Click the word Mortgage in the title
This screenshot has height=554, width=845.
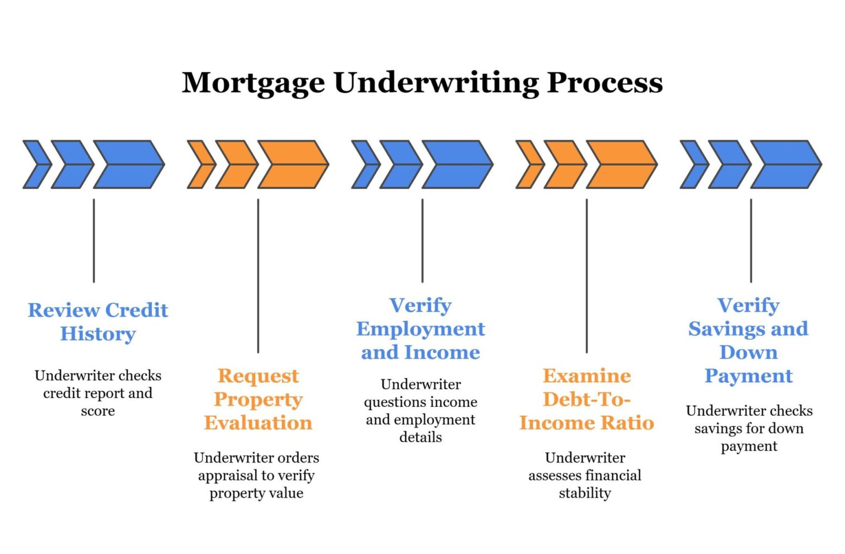[x=253, y=83]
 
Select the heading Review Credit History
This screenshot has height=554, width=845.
[x=98, y=322]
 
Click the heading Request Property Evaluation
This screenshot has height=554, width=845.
[x=258, y=399]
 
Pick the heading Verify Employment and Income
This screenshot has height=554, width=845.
[x=420, y=329]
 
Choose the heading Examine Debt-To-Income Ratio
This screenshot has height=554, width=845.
[x=586, y=399]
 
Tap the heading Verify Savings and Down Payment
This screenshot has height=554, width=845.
[x=748, y=340]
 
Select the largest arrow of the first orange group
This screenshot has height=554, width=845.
[x=293, y=164]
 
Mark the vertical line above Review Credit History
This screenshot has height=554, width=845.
[x=94, y=241]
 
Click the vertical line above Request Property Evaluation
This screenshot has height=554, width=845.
[x=258, y=275]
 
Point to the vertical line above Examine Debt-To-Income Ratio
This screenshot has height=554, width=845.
[x=586, y=275]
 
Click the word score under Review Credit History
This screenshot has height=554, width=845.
[x=98, y=411]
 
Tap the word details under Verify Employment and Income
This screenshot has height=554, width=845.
[x=420, y=437]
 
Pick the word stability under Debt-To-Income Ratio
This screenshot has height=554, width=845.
[x=585, y=493]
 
